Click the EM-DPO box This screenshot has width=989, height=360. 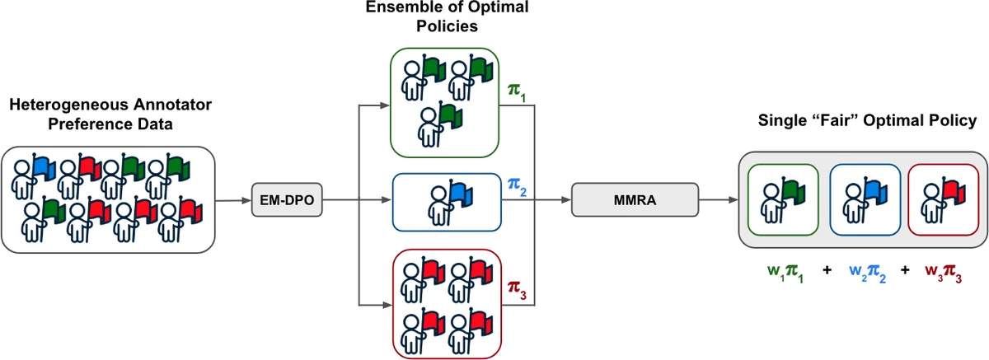284,199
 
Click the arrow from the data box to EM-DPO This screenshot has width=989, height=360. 235,199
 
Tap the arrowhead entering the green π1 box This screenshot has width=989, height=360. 387,105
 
